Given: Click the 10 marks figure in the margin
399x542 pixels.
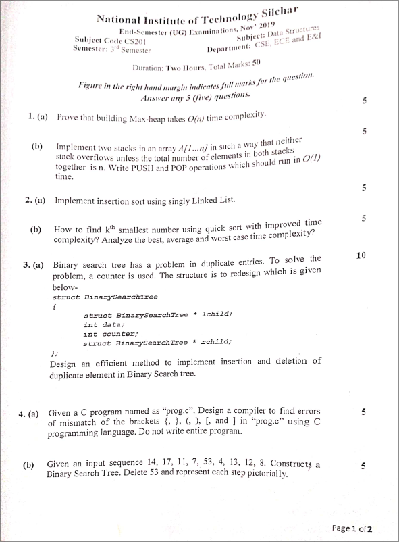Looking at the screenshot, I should point(361,255).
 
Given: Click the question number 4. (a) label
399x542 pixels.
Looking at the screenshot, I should point(28,414).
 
